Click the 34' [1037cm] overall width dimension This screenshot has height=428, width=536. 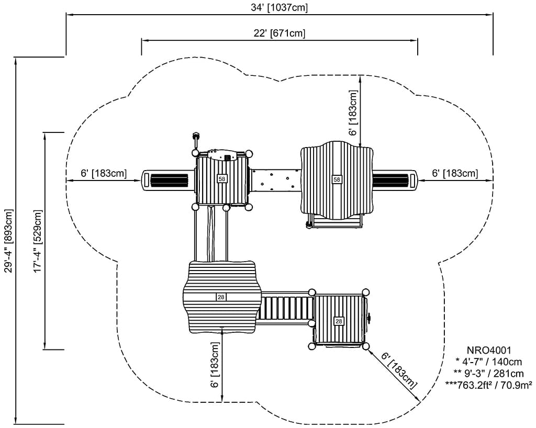pos(280,7)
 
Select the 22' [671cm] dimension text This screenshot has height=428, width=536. pos(280,33)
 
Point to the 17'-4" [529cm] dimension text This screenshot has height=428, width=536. pos(38,241)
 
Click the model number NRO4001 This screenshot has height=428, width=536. pos(489,351)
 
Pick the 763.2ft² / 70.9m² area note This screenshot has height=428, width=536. pos(489,385)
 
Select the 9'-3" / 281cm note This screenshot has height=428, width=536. pos(489,373)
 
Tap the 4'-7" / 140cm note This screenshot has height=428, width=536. pos(489,362)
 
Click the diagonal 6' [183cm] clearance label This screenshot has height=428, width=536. pos(399,371)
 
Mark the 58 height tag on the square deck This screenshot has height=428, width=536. pos(222,178)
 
